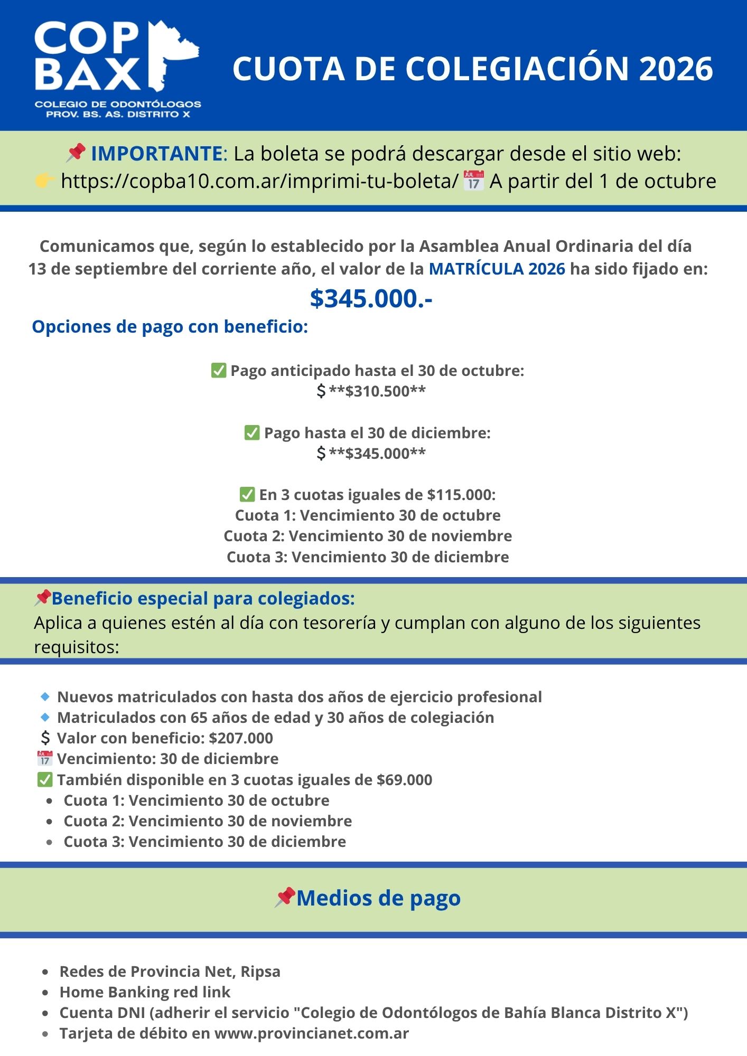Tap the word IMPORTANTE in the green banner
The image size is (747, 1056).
156,154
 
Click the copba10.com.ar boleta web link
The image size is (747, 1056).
259,181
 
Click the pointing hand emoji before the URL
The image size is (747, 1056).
45,181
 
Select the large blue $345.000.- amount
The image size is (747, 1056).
371,298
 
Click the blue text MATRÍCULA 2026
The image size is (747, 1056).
497,269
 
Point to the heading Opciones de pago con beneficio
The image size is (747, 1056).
170,326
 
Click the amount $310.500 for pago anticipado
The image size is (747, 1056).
377,391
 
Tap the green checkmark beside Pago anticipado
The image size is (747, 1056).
219,371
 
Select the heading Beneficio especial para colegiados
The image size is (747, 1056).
203,598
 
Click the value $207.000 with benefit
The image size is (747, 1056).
241,738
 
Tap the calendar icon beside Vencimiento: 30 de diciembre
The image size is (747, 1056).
45,759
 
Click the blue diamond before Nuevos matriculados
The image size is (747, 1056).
45,697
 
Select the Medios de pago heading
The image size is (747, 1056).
378,898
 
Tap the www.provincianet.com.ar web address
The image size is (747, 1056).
312,1033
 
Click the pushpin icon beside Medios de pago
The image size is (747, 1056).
285,897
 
